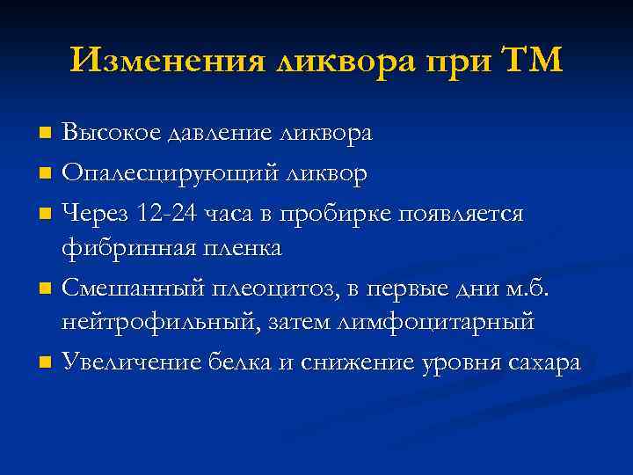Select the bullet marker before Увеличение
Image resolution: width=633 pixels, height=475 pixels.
tap(46, 362)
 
